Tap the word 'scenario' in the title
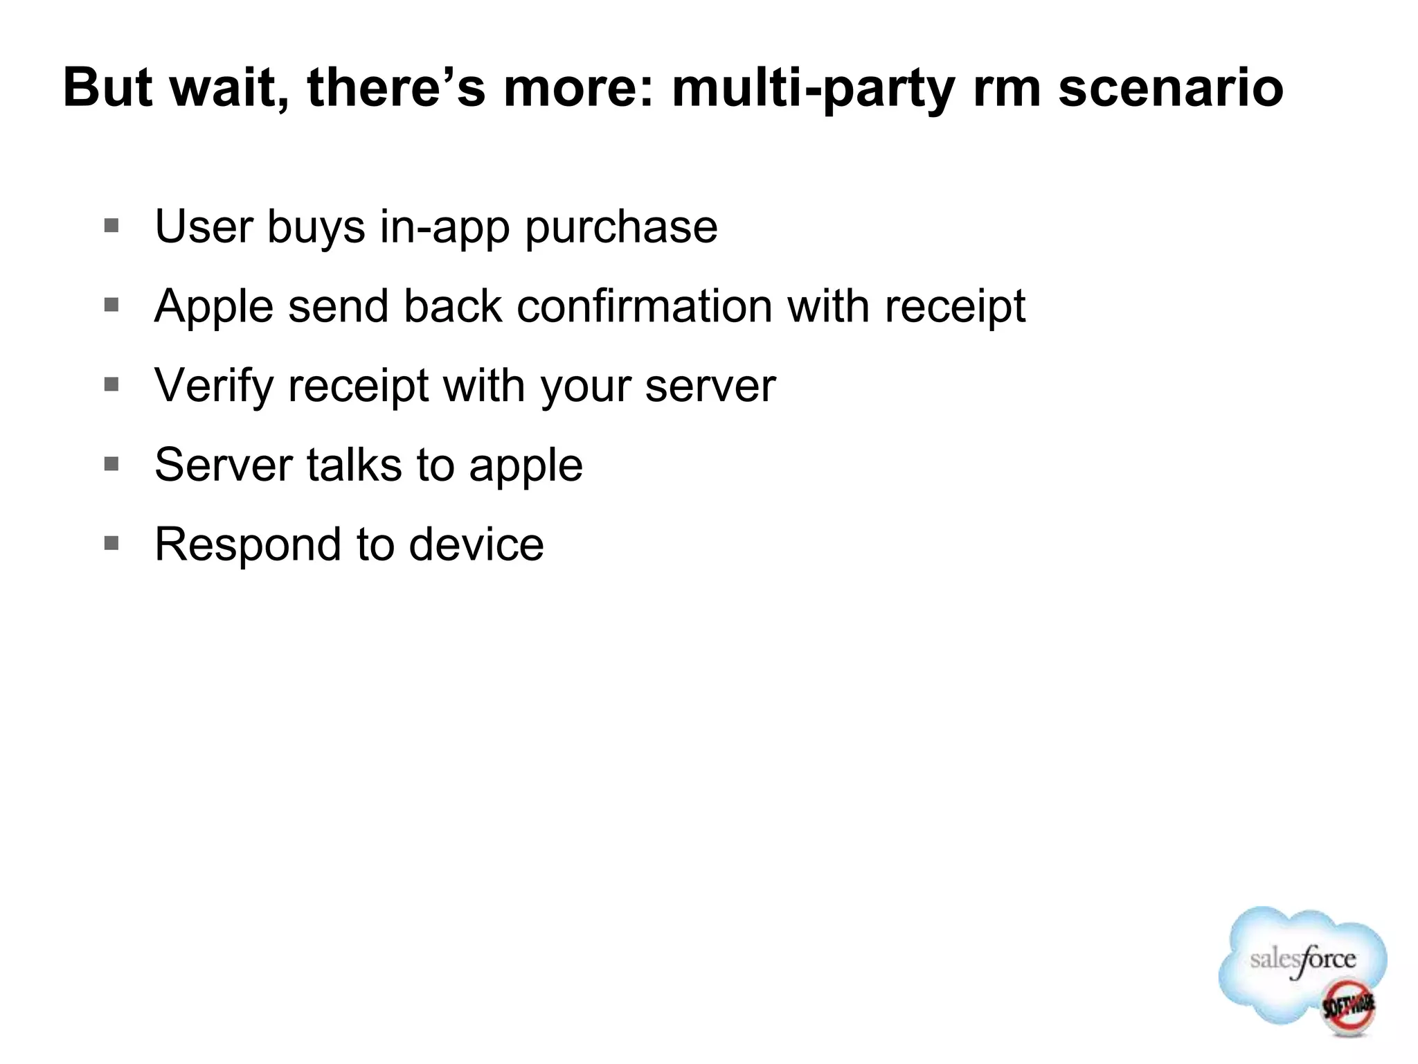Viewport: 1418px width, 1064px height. point(1171,88)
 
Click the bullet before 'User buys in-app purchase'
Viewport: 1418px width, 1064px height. point(111,226)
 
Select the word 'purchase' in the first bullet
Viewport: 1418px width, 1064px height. point(621,227)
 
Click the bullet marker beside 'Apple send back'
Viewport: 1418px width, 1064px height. point(111,305)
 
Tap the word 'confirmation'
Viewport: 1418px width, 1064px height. point(644,305)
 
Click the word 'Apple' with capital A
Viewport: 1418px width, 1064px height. point(214,307)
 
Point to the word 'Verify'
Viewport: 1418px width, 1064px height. point(214,386)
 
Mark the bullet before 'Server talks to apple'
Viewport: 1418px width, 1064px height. point(111,463)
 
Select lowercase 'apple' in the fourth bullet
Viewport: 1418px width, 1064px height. point(526,465)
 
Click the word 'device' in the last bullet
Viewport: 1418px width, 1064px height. point(476,544)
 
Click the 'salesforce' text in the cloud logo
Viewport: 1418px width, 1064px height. point(1302,961)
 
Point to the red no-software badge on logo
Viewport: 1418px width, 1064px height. point(1348,1007)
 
